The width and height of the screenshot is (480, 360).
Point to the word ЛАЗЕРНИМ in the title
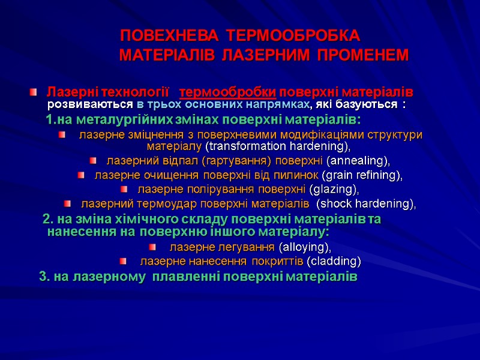(268, 56)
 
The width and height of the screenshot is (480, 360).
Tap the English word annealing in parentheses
(358, 161)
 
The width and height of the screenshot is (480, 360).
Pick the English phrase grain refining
(362, 175)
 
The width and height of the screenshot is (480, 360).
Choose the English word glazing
(334, 190)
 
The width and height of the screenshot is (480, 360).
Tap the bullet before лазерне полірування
(130, 190)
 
